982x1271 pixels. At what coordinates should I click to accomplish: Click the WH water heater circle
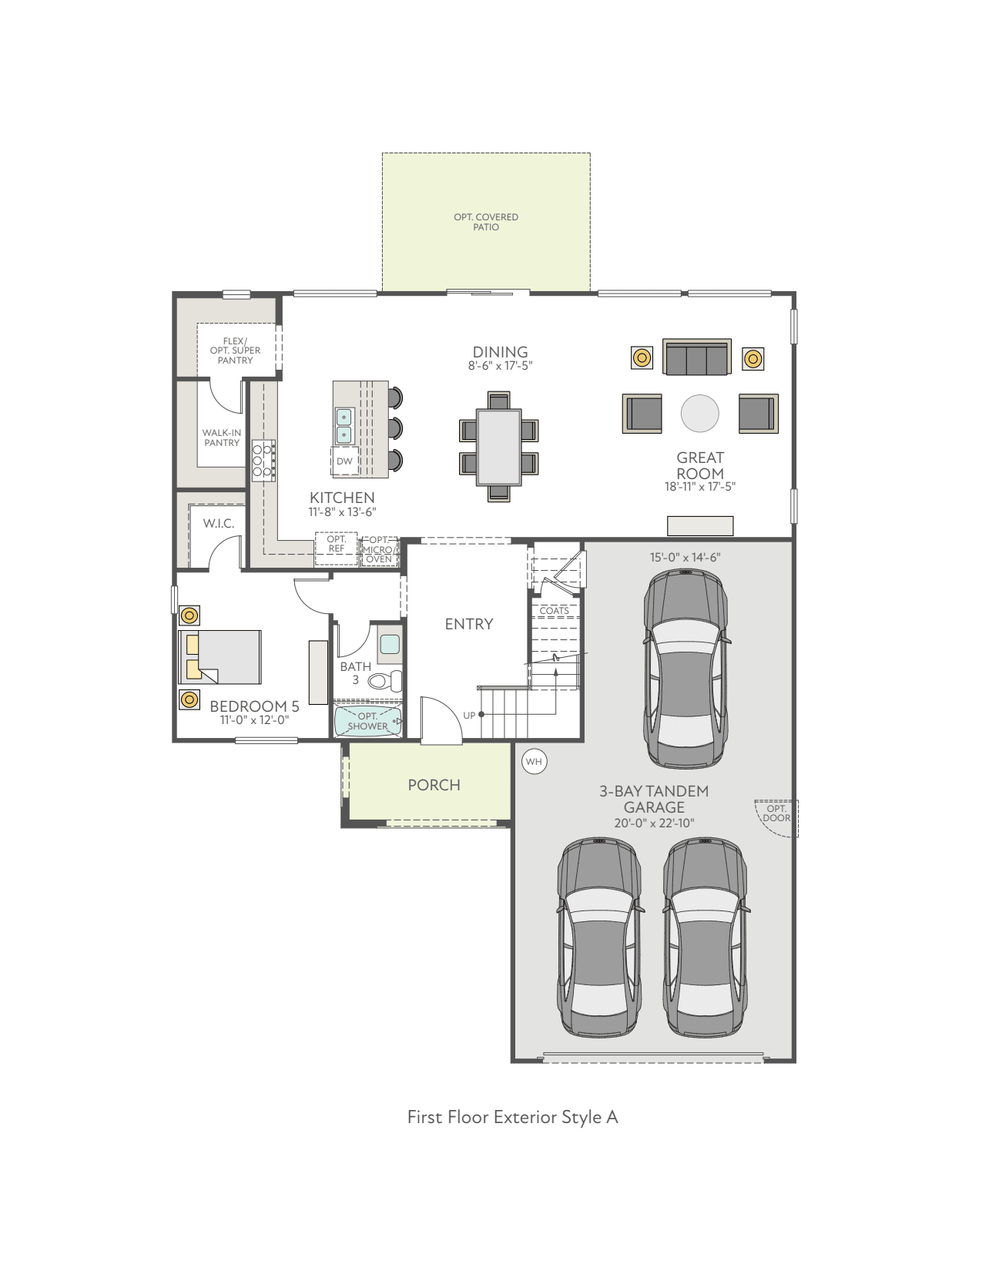[534, 762]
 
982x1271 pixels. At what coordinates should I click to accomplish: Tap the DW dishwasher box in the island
[344, 461]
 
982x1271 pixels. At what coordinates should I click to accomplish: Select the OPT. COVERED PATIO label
[486, 222]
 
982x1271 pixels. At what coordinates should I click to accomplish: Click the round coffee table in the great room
[699, 413]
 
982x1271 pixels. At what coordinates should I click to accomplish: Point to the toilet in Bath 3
[385, 681]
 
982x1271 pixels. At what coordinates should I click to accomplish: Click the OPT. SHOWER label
[368, 721]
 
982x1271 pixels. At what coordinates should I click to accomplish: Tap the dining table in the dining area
[498, 447]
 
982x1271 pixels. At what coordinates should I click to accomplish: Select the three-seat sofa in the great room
[697, 358]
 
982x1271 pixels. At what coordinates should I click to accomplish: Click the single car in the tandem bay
[685, 669]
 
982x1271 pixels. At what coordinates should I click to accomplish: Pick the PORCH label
[434, 785]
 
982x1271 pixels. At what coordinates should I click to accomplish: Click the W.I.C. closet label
[219, 524]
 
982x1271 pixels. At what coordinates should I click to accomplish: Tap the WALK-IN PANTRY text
[222, 438]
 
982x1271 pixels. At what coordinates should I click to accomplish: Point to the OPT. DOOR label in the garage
[776, 813]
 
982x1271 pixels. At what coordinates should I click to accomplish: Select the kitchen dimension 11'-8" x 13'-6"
[342, 512]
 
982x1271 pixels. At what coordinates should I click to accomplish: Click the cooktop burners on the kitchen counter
[263, 460]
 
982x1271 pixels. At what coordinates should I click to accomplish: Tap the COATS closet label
[554, 611]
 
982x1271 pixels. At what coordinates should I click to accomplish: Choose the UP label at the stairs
[469, 716]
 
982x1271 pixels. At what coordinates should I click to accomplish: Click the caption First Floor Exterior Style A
[512, 1117]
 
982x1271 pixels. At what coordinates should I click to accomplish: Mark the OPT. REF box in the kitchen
[337, 545]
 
